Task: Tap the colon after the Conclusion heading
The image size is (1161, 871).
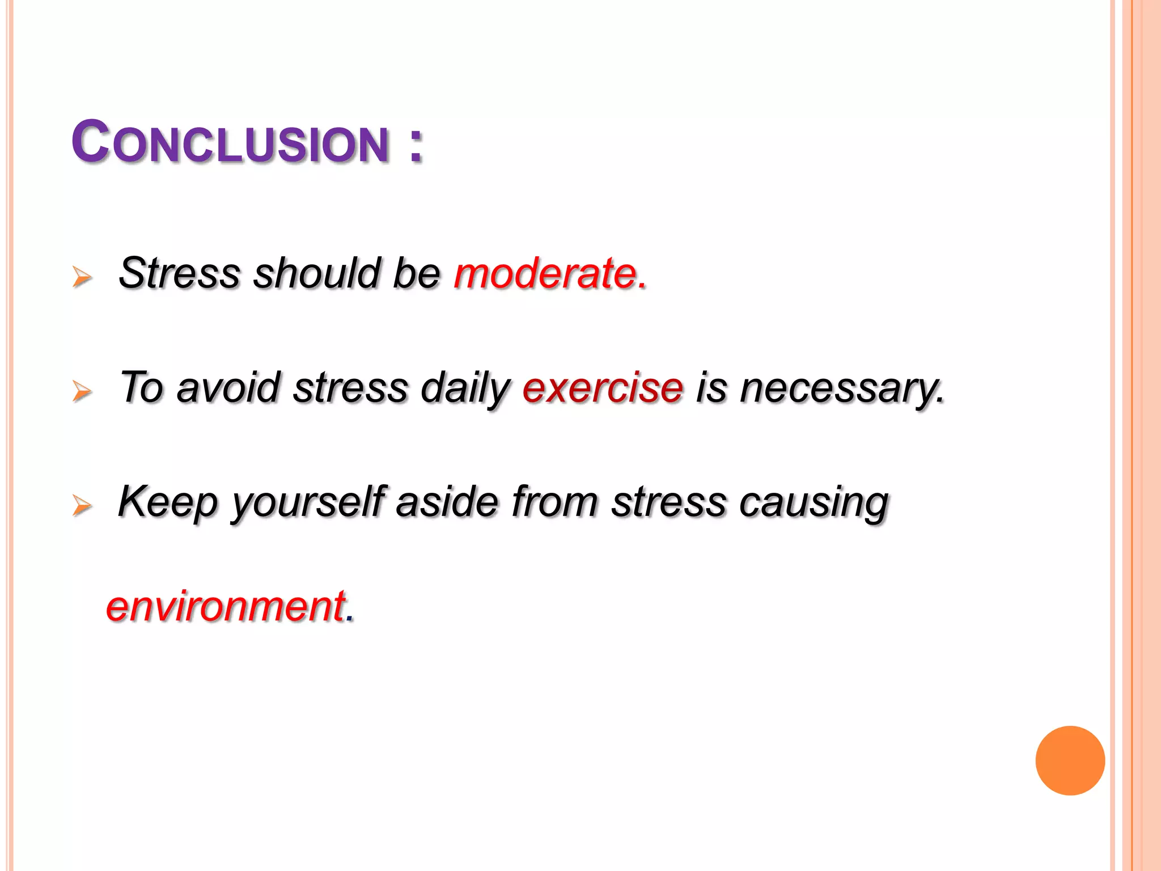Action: tap(416, 146)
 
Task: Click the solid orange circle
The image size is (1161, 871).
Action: tap(1070, 760)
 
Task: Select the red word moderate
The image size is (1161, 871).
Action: tap(546, 273)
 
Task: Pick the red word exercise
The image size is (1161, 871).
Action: tap(603, 388)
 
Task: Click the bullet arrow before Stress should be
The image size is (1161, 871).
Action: tap(82, 277)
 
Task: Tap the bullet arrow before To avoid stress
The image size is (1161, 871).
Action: tap(82, 391)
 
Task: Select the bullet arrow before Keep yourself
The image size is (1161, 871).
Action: tap(82, 505)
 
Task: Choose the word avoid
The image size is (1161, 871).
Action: tap(228, 388)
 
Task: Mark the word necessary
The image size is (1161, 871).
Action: tap(841, 389)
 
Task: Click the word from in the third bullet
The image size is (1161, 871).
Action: tap(554, 502)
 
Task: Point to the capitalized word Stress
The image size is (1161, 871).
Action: tap(180, 273)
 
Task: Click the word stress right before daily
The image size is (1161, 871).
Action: tap(350, 389)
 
